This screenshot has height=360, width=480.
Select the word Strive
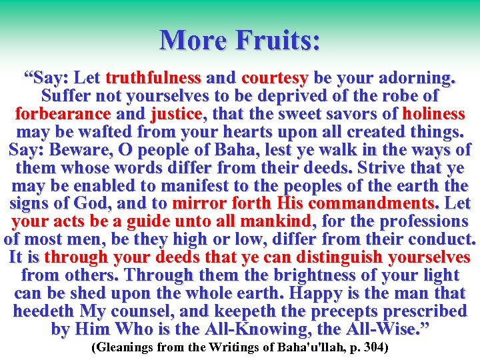click(x=370, y=167)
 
